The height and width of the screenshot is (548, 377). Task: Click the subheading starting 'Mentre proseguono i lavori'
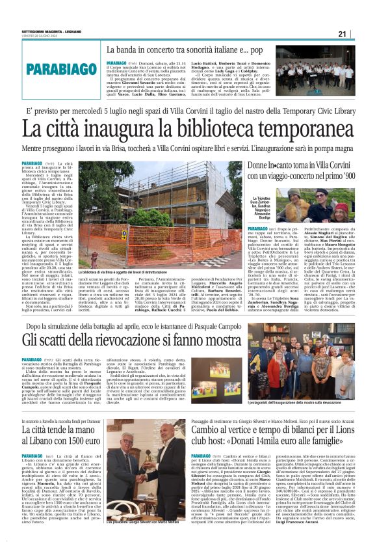(x=188, y=149)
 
